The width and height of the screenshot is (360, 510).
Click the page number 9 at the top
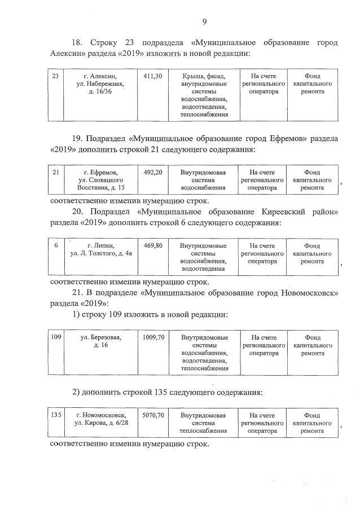[204, 22]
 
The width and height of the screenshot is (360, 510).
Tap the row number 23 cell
[55, 76]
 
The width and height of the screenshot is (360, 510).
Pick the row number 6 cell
[55, 246]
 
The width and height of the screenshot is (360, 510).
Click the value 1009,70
[153, 337]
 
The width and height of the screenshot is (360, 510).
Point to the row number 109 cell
[55, 337]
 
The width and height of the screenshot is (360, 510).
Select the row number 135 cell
[55, 415]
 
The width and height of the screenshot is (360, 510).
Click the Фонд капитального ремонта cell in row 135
[312, 423]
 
